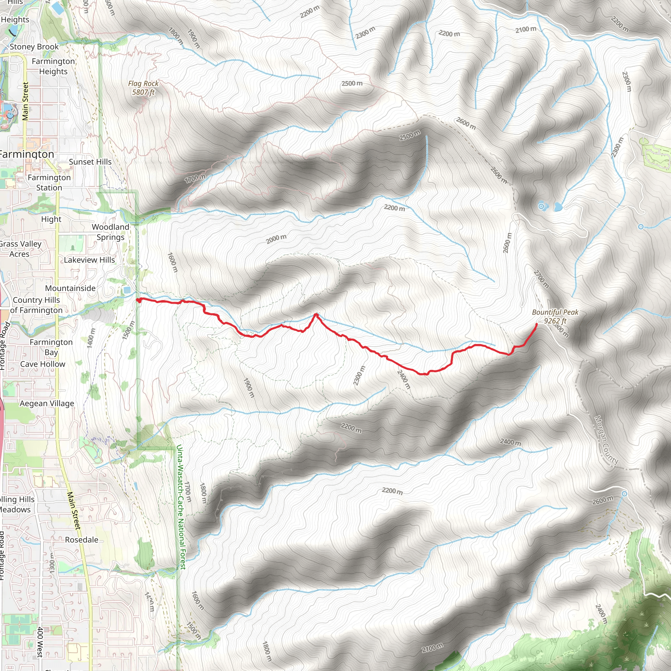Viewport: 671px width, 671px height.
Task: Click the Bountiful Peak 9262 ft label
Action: pyautogui.click(x=555, y=316)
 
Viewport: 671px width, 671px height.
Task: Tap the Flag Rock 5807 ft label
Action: pyautogui.click(x=143, y=87)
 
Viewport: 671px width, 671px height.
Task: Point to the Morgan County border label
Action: pyautogui.click(x=606, y=440)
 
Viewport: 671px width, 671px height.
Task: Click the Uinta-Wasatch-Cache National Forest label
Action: pyautogui.click(x=181, y=507)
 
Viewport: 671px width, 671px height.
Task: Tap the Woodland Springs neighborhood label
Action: pyautogui.click(x=110, y=232)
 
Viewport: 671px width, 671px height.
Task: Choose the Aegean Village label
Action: pyautogui.click(x=47, y=403)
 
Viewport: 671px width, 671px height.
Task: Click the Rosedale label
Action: pyautogui.click(x=82, y=539)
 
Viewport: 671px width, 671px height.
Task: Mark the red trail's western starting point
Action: pyautogui.click(x=138, y=300)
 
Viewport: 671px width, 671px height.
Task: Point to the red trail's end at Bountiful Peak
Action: pyautogui.click(x=537, y=324)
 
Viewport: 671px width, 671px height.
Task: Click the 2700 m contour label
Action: pyautogui.click(x=541, y=279)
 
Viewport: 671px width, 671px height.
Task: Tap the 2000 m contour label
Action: pyautogui.click(x=276, y=239)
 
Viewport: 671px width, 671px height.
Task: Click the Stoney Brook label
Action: pyautogui.click(x=34, y=47)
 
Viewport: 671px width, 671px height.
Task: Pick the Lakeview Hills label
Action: pyautogui.click(x=89, y=260)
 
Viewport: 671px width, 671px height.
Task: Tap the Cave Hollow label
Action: pyautogui.click(x=43, y=364)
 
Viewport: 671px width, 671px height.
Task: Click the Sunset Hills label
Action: pyautogui.click(x=90, y=162)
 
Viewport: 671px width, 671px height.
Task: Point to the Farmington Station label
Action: pyautogui.click(x=49, y=182)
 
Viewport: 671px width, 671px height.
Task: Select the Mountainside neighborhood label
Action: pyautogui.click(x=70, y=288)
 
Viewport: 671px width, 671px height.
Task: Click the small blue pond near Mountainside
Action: pyautogui.click(x=127, y=290)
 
